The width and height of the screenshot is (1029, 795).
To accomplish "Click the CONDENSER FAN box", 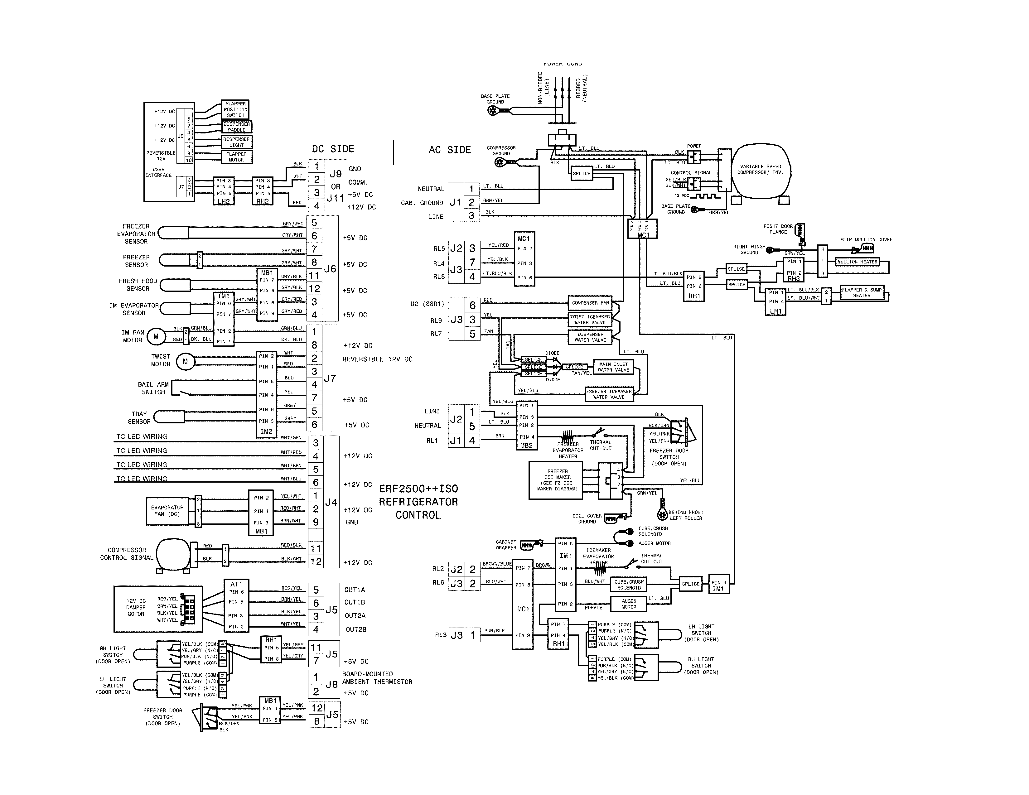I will pos(590,303).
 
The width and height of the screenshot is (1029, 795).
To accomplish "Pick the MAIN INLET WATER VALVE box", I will pos(613,367).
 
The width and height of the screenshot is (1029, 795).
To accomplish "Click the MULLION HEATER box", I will pos(857,262).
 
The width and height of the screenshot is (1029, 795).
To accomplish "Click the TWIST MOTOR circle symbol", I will pos(185,362).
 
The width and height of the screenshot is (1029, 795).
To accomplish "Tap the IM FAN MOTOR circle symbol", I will pos(156,336).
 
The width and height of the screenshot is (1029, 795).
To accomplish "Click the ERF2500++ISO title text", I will pos(418,489).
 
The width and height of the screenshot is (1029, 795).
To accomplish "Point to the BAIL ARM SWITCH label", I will pos(153,388).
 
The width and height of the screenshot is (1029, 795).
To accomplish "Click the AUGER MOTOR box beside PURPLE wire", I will pos(629,604).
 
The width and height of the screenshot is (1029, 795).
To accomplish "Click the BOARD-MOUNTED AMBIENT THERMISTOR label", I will pos(377,678).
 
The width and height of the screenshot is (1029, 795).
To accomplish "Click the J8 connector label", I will pos(332,684).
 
